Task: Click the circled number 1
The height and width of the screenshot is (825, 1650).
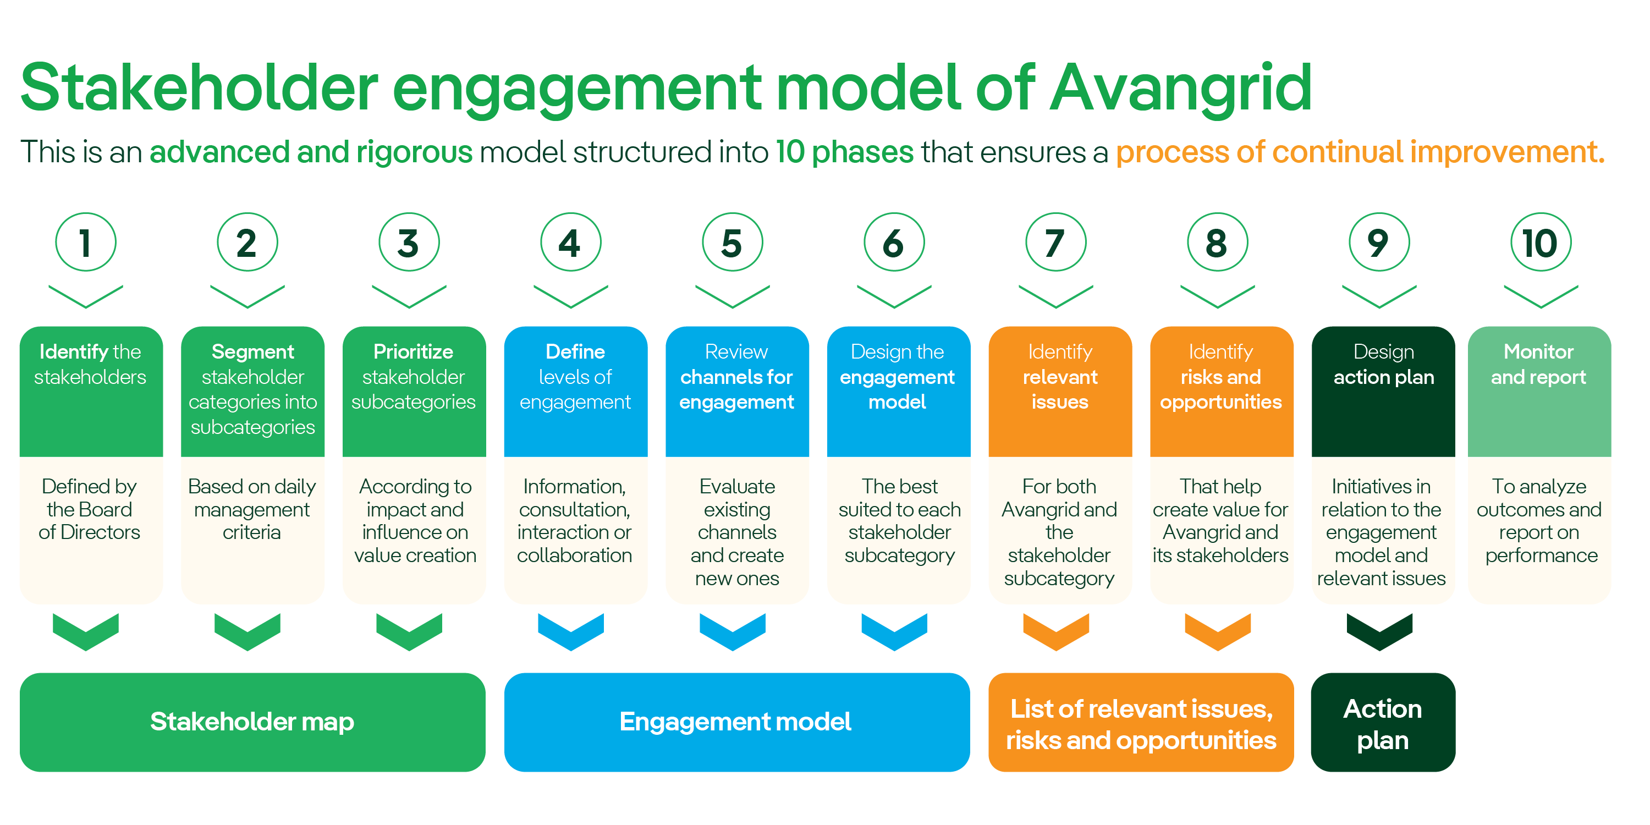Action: [85, 243]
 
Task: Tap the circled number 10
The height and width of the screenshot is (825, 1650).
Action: [1540, 243]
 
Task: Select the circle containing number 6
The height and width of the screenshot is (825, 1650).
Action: [894, 243]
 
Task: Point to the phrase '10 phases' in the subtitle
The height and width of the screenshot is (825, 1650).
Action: [844, 152]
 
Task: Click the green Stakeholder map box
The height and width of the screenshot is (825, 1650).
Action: [252, 722]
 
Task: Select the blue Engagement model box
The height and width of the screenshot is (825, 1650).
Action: [736, 722]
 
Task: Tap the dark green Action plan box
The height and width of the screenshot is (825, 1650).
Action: [1382, 723]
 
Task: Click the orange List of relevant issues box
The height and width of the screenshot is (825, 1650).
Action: [1140, 723]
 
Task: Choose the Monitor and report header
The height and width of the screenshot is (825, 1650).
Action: [1538, 365]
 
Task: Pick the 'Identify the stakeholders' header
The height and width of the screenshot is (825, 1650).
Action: [90, 365]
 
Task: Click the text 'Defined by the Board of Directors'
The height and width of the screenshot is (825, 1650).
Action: [89, 509]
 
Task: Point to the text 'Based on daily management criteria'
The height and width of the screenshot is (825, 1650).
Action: [252, 509]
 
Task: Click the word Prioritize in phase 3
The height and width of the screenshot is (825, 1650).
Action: [413, 351]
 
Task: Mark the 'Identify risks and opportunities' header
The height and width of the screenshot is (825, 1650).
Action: [1221, 377]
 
